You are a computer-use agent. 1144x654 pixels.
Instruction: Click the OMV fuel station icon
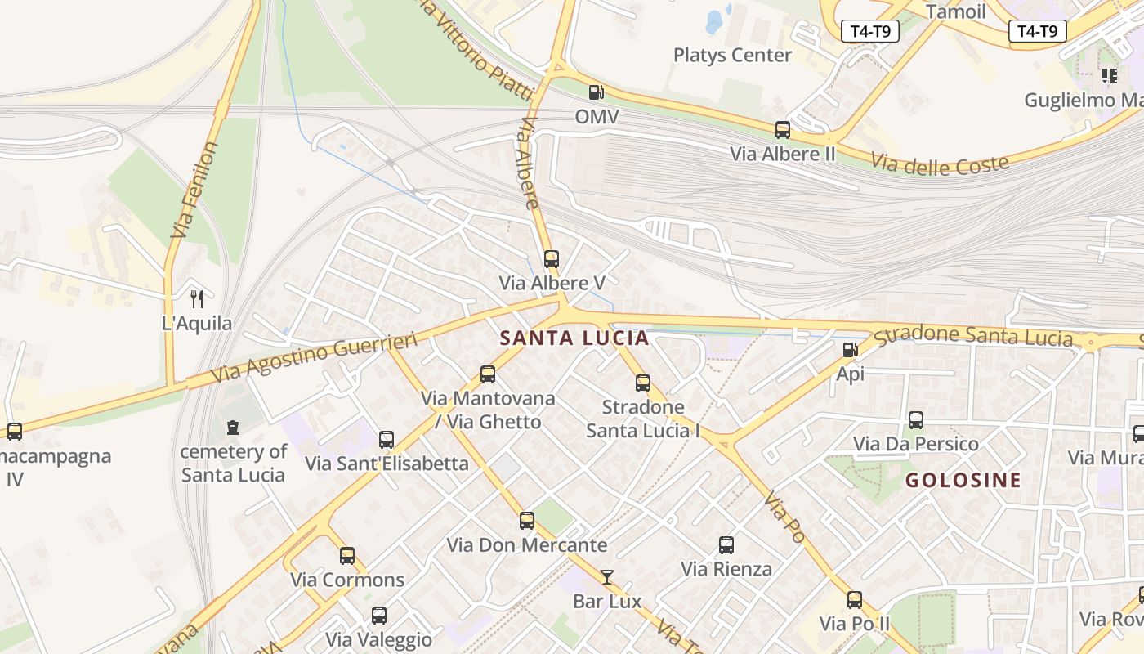597,92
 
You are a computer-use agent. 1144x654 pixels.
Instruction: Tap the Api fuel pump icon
850,350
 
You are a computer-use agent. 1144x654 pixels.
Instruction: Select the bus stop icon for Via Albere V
552,259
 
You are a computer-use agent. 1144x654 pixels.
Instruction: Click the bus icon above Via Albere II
783,129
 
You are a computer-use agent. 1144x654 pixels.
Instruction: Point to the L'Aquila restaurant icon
196,298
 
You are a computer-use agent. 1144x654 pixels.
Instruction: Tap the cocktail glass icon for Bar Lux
606,577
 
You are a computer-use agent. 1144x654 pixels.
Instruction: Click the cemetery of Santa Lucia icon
233,427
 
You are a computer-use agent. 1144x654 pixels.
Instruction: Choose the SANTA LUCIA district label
574,338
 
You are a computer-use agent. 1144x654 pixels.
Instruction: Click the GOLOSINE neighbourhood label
963,480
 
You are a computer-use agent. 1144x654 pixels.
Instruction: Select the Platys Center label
732,55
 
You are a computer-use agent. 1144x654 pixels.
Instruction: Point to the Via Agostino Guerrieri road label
315,357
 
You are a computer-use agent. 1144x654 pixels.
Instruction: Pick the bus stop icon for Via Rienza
726,544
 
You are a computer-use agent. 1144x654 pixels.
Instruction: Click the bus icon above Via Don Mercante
527,520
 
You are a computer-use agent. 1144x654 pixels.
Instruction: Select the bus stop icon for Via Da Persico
916,419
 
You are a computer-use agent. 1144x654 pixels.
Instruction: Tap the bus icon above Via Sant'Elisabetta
387,439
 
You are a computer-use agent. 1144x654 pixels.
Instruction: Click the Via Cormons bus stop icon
347,556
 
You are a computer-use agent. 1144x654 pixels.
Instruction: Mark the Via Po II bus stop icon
855,600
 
